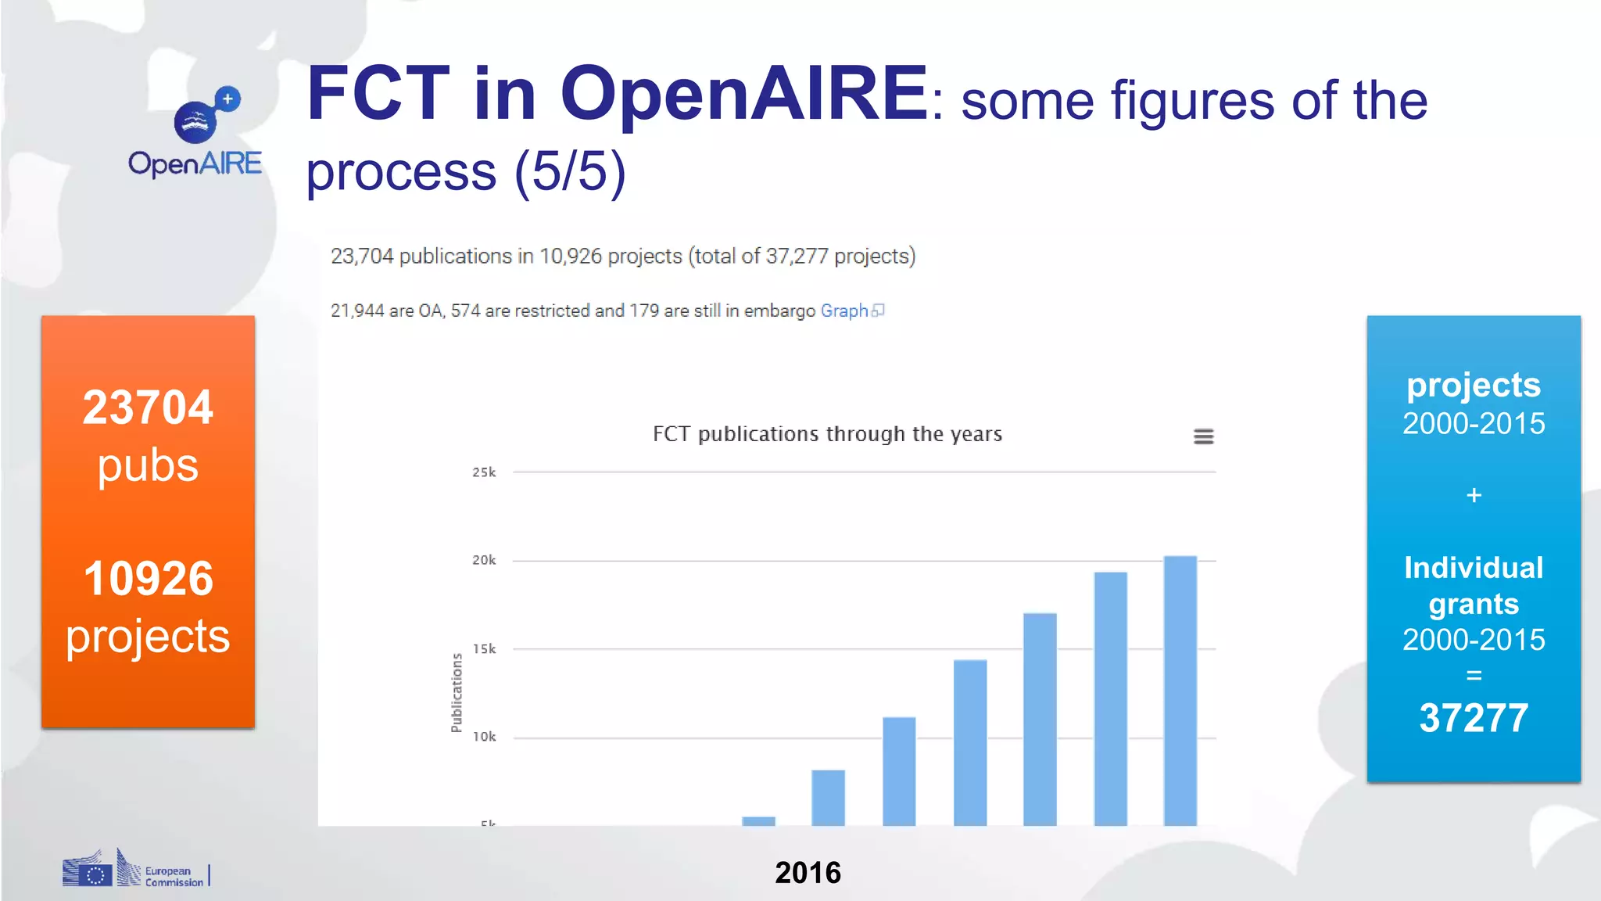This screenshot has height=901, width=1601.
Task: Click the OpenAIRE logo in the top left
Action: click(195, 133)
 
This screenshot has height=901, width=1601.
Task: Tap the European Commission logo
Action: click(134, 870)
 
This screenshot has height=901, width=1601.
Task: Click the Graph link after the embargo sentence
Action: click(844, 311)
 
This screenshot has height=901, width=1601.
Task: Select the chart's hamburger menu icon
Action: click(1203, 436)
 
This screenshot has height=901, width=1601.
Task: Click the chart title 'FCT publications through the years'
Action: click(827, 434)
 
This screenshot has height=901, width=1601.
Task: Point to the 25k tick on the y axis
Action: click(484, 472)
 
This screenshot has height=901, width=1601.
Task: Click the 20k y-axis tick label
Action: click(484, 560)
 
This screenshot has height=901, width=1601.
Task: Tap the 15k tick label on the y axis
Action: click(484, 649)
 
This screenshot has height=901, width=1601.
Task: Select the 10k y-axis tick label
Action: click(484, 737)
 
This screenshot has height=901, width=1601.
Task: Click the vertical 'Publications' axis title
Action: click(457, 693)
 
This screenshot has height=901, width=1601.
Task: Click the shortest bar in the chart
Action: click(758, 820)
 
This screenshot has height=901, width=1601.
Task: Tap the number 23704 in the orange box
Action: click(148, 407)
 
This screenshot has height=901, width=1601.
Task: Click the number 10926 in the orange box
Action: click(148, 579)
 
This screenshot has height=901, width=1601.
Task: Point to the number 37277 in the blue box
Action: click(1474, 718)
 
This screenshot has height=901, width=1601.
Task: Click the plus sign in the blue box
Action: click(1474, 495)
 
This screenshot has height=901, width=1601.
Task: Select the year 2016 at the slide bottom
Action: click(808, 873)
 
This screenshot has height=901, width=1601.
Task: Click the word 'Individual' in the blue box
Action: click(1474, 568)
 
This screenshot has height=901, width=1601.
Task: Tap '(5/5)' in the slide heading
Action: click(570, 171)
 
